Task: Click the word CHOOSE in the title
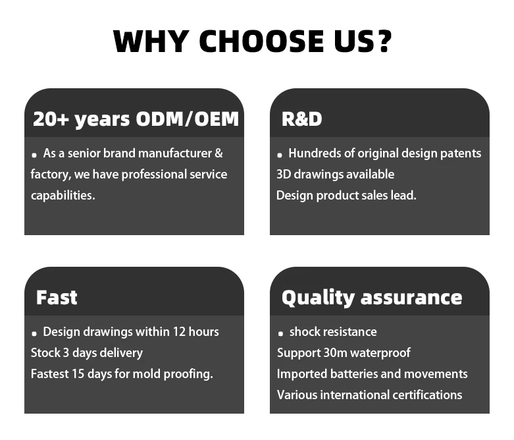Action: [x=261, y=41]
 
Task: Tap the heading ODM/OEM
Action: [x=187, y=119]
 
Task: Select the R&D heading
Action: [x=301, y=119]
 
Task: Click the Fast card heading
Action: [x=57, y=298]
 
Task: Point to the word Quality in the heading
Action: [x=318, y=298]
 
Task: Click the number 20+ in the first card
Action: [x=51, y=119]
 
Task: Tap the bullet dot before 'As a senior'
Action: [x=34, y=155]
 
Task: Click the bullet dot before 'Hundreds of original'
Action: [x=279, y=155]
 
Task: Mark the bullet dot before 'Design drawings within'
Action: [x=34, y=334]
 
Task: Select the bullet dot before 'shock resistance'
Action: [x=280, y=334]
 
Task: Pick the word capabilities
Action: [x=63, y=196]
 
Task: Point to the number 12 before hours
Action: [x=179, y=332]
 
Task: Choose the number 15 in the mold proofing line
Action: [x=78, y=373]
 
